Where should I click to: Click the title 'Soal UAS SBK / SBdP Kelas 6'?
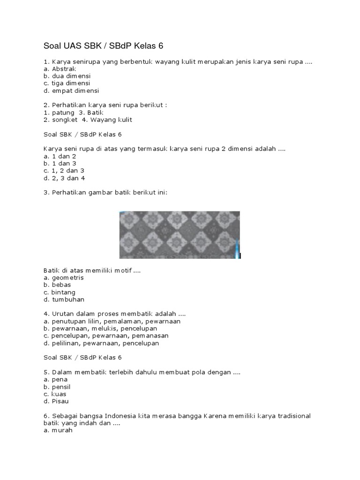(104, 46)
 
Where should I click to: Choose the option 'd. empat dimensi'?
(71, 91)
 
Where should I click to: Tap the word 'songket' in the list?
(62, 120)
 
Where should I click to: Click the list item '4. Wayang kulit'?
(107, 120)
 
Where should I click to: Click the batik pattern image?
(180, 234)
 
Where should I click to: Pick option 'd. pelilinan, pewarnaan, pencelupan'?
(101, 343)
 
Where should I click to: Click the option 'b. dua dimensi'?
(67, 75)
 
